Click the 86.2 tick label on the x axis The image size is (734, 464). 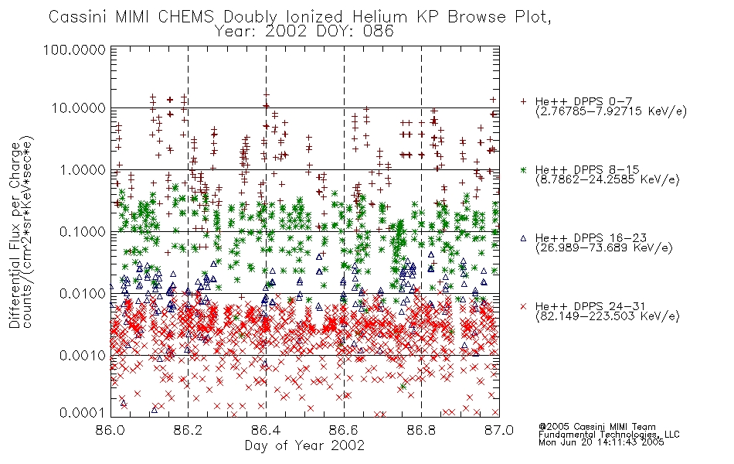[x=188, y=430]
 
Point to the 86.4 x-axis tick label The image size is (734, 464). [x=266, y=430]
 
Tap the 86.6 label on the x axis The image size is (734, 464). [x=344, y=430]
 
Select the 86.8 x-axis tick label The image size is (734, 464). [x=421, y=430]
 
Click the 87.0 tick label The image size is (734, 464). [x=499, y=430]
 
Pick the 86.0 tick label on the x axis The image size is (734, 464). [x=110, y=430]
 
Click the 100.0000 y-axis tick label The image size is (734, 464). [x=74, y=49]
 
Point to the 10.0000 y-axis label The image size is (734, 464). [x=79, y=108]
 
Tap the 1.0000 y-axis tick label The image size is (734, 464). [x=83, y=169]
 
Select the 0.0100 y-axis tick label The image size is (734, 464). [x=83, y=294]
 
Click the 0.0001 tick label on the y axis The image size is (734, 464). [x=83, y=412]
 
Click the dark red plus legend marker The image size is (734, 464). [x=523, y=101]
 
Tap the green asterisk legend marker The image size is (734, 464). [x=523, y=169]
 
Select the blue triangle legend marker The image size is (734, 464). [x=523, y=238]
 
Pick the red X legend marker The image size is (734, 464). [x=523, y=306]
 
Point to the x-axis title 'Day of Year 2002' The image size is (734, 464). [x=304, y=445]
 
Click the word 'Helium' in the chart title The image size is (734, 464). [x=379, y=17]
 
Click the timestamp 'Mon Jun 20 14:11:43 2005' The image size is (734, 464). [x=601, y=442]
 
